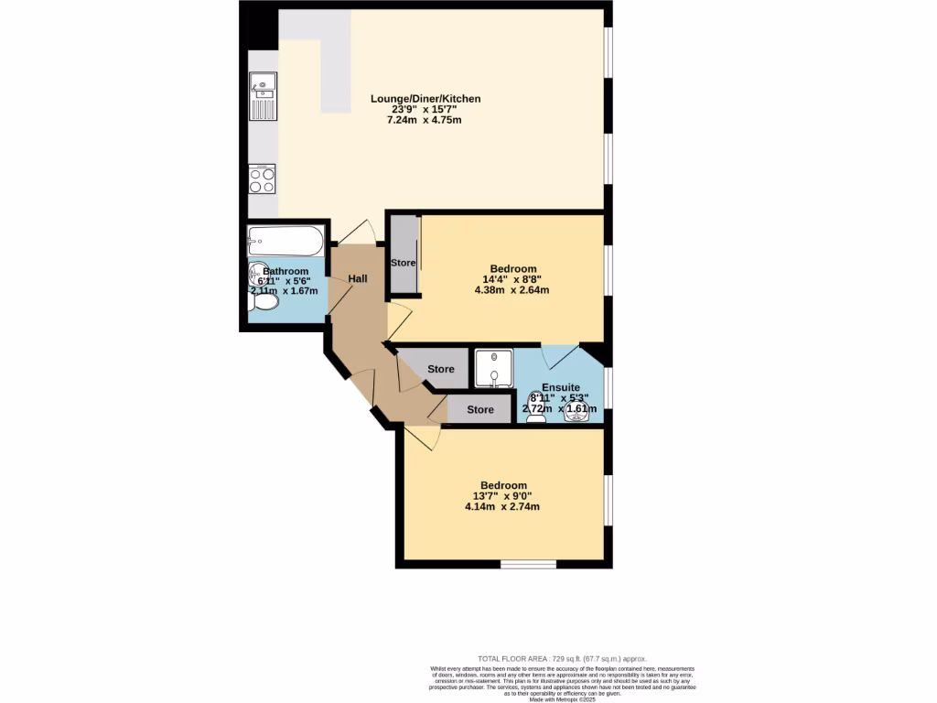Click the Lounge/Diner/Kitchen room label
click(x=425, y=98)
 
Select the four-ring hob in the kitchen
click(x=263, y=178)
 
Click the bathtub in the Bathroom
click(x=285, y=243)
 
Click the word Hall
click(x=358, y=278)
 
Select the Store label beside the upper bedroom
click(x=404, y=263)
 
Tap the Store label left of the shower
click(x=441, y=369)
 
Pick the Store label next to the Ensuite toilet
click(x=480, y=409)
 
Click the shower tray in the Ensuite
click(x=493, y=368)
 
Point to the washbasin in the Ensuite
click(x=576, y=411)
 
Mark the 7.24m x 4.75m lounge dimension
click(x=425, y=120)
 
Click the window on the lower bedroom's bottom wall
click(x=528, y=564)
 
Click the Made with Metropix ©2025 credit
click(x=563, y=699)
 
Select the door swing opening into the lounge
click(x=360, y=233)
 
